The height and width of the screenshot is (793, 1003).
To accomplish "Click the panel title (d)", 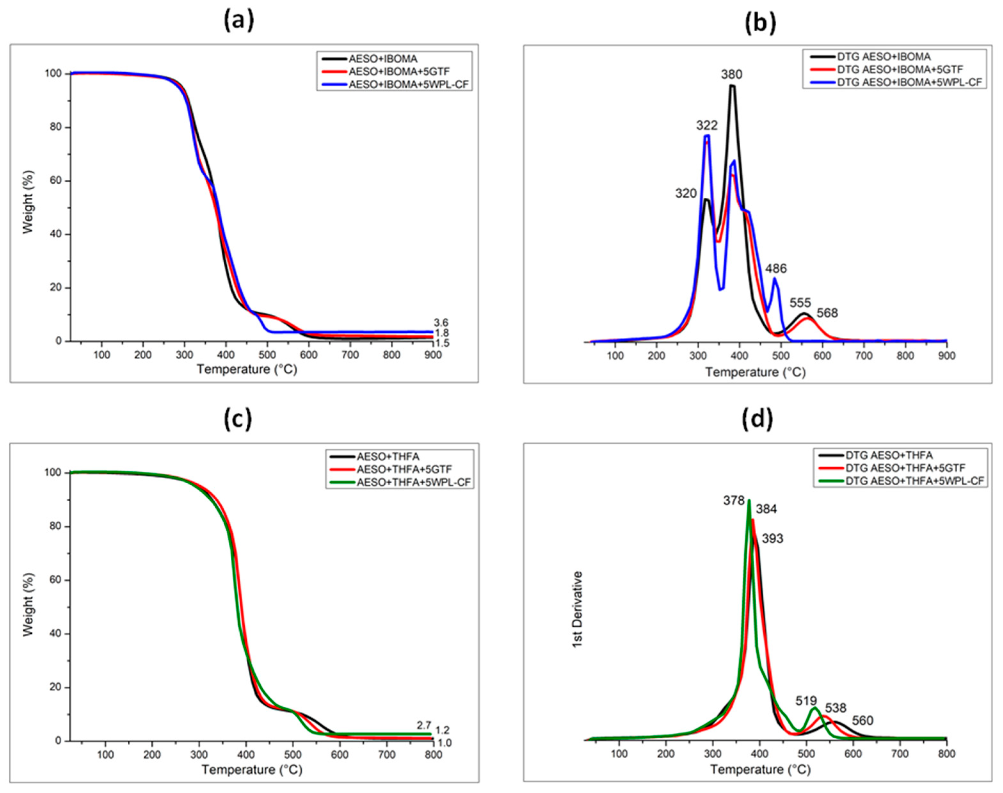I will [758, 418].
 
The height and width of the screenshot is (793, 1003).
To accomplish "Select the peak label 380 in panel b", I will [731, 74].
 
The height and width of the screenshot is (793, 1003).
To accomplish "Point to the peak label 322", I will [706, 125].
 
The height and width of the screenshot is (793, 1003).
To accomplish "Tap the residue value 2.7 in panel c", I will [424, 725].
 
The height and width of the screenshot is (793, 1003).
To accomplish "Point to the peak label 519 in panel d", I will [806, 701].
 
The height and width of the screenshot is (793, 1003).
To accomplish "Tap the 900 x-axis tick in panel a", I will [433, 355].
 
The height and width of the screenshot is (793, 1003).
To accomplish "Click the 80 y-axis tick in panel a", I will [56, 127].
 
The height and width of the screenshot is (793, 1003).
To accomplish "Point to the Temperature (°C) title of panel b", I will [755, 372].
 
